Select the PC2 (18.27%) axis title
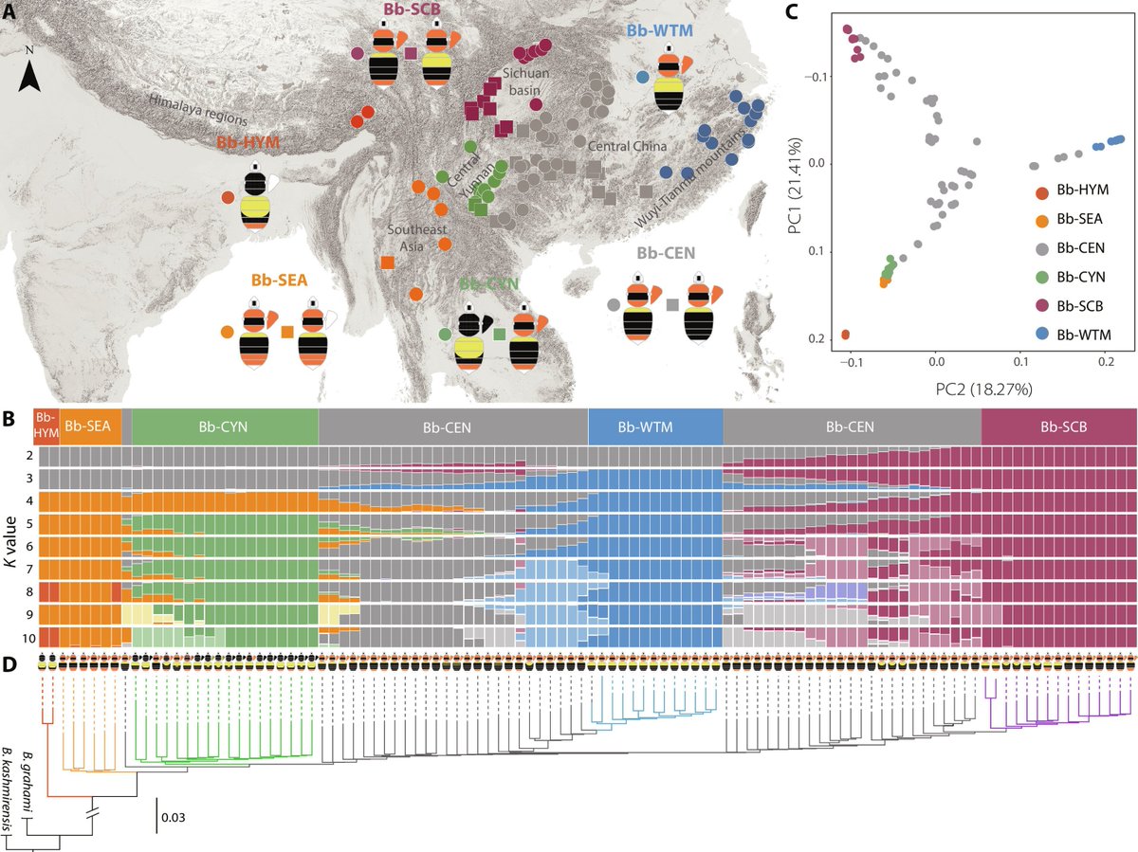(937, 390)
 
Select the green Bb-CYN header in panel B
(225, 427)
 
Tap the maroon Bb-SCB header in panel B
(1058, 427)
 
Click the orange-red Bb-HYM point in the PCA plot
(845, 335)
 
